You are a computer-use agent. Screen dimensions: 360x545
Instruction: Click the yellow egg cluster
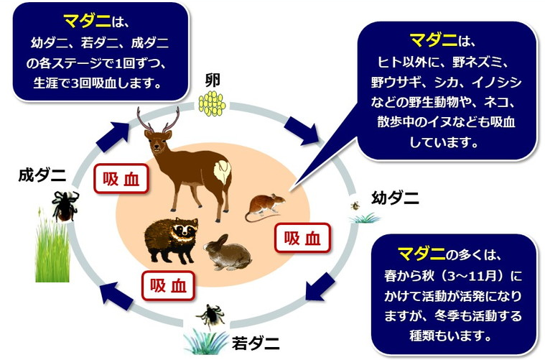211,104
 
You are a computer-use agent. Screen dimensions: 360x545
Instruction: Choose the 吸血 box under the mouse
302,238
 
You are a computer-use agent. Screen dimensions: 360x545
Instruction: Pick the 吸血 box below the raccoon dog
168,285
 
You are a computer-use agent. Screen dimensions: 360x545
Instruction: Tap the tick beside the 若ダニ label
210,314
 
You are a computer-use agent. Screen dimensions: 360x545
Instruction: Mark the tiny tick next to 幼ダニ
355,206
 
